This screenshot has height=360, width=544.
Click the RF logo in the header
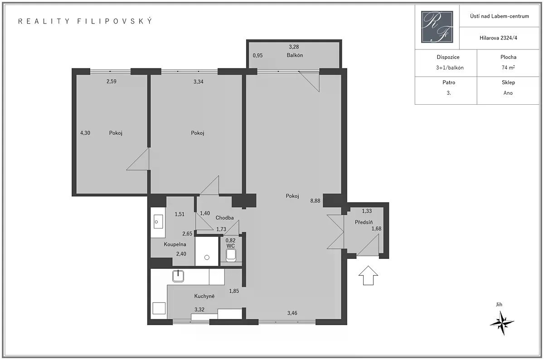point(437,27)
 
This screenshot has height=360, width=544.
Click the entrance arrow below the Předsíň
point(368,275)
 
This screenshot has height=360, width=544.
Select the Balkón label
point(295,55)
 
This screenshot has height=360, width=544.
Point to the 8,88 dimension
point(315,201)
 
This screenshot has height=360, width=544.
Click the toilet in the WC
point(231,256)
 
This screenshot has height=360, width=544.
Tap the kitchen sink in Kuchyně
point(178,276)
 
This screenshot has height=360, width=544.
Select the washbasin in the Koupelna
point(158,222)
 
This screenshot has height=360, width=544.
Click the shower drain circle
point(207,258)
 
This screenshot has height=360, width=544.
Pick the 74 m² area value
point(508,68)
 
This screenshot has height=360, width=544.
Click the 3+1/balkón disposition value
point(450,68)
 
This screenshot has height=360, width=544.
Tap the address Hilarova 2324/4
point(498,38)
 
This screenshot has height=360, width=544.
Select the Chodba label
point(225,218)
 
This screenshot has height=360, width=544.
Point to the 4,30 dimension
point(85,133)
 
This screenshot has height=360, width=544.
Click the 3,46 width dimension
point(292,313)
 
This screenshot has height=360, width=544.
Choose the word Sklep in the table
point(508,83)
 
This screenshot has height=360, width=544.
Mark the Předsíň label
point(364,222)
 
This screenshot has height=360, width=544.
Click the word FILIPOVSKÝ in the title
point(115,21)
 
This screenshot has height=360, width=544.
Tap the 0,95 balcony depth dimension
point(257,55)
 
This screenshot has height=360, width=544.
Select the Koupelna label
point(175,244)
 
